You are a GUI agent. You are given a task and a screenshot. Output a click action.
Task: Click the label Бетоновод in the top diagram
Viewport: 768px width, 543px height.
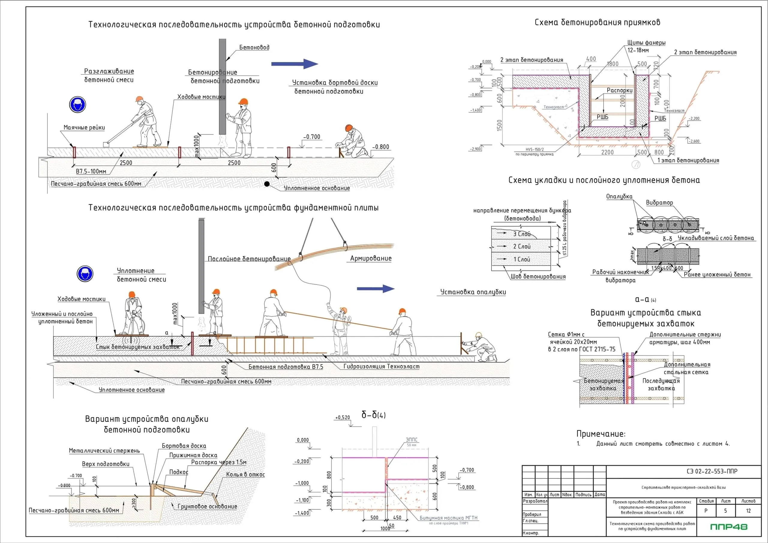point(254,47)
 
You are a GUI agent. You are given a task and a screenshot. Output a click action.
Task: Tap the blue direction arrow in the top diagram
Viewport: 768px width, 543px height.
point(294,64)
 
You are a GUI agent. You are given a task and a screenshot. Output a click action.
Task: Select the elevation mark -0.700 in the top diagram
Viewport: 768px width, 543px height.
point(312,137)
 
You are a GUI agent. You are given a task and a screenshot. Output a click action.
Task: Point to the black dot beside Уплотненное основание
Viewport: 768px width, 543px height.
point(267,183)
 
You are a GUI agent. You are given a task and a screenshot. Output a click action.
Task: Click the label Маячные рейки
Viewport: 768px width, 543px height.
point(84,127)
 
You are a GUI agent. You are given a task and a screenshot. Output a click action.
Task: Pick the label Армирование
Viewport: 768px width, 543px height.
point(370,258)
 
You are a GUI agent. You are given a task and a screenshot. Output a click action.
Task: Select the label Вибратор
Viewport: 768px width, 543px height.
point(659,203)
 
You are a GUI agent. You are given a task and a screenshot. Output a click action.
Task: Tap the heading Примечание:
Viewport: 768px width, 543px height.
point(601,434)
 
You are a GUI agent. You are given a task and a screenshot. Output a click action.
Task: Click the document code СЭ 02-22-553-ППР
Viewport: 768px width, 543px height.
point(712,471)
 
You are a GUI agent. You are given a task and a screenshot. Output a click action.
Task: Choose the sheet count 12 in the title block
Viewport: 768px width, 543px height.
point(748,511)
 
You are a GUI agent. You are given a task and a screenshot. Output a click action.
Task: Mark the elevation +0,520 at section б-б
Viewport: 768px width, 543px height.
point(343,417)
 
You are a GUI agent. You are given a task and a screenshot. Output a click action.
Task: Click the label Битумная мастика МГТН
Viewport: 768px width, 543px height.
point(448,518)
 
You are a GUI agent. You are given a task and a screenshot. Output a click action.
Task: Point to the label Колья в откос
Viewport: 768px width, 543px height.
point(245,474)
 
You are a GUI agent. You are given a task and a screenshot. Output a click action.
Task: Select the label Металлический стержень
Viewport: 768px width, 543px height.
point(104,451)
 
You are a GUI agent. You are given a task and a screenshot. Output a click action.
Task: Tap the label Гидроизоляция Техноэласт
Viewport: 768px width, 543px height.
point(381,366)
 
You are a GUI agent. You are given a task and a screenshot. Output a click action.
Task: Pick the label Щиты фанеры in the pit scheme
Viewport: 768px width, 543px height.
point(646,43)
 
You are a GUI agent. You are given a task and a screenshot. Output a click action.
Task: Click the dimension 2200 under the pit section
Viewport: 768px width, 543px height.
point(607,153)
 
